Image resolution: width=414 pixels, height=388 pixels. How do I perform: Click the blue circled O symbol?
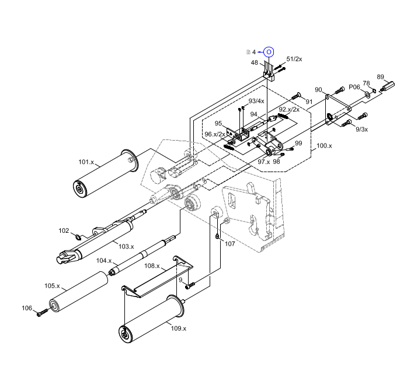(x=268, y=52)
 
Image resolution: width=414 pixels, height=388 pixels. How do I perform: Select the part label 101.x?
(x=86, y=162)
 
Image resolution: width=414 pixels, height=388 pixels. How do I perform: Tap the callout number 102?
(x=64, y=230)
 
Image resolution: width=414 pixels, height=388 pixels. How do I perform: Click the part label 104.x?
(x=105, y=260)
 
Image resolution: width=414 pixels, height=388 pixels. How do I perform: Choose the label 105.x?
(x=53, y=286)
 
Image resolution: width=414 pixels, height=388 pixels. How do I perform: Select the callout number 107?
(x=229, y=244)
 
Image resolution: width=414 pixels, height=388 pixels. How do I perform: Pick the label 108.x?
(x=152, y=265)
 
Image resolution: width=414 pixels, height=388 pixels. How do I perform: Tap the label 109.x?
(x=178, y=328)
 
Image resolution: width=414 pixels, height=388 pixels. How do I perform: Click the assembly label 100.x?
(x=323, y=146)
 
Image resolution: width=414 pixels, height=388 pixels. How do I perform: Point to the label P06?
(x=354, y=87)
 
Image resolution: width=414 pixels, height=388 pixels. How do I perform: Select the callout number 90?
(x=318, y=90)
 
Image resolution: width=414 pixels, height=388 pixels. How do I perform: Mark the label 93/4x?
(x=256, y=101)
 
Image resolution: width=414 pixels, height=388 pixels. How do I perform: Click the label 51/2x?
(x=294, y=60)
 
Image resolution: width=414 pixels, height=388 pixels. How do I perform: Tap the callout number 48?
(x=255, y=62)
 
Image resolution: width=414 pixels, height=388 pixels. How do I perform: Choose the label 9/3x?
(x=361, y=129)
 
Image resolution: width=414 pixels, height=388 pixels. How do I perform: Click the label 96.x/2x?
(x=215, y=134)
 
